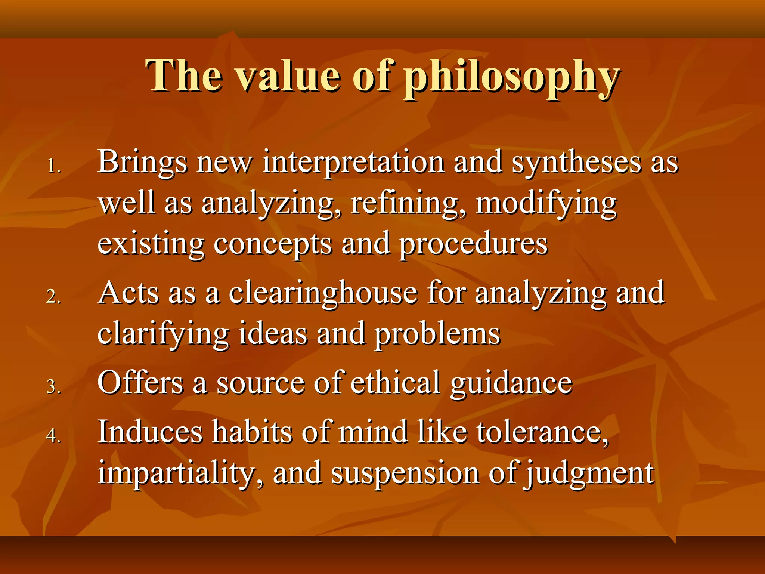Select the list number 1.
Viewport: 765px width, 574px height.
(x=53, y=166)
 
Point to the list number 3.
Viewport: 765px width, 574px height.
(x=53, y=386)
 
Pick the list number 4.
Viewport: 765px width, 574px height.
(x=53, y=435)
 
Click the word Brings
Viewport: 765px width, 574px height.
(x=142, y=163)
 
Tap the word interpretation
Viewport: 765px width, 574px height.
(x=353, y=163)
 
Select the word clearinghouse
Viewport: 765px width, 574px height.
(x=323, y=293)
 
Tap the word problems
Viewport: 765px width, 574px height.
(x=437, y=334)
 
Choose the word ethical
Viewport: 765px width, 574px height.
(x=396, y=383)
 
